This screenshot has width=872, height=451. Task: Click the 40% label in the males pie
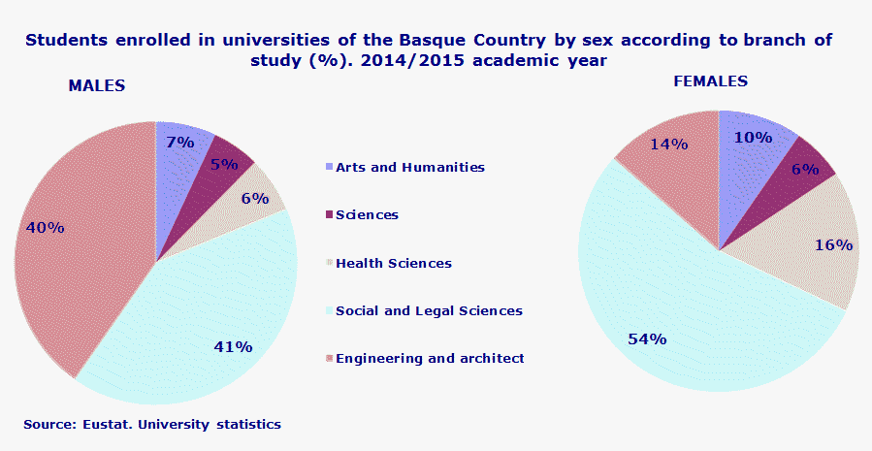(x=46, y=228)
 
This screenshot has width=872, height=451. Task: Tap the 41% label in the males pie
(x=234, y=346)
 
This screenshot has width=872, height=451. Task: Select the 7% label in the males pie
(x=179, y=143)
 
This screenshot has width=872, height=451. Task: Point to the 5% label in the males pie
(x=224, y=164)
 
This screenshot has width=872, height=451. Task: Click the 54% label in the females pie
(x=647, y=338)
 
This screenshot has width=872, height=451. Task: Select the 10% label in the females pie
(x=753, y=138)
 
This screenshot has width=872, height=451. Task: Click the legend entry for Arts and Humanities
(x=408, y=167)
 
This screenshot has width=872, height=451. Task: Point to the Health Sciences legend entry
(x=393, y=263)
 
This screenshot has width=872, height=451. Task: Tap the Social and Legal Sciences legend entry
(x=428, y=310)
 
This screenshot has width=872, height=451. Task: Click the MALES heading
(x=97, y=85)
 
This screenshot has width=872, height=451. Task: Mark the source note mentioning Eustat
(x=152, y=424)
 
